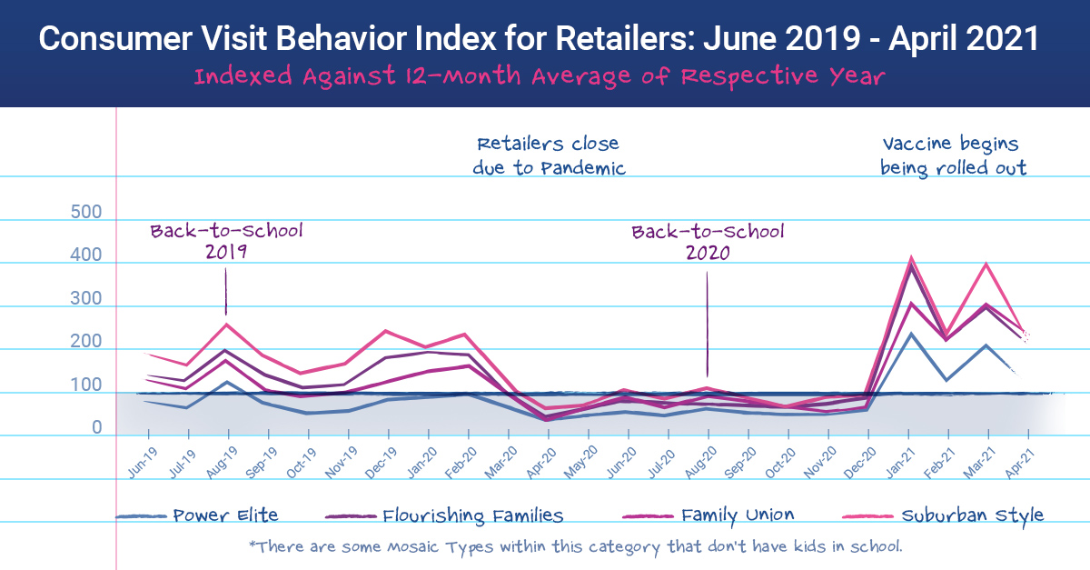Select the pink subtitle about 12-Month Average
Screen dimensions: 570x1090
[539, 76]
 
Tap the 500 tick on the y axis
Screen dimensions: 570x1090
[85, 213]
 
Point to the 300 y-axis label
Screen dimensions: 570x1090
[85, 299]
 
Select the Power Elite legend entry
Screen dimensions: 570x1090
[225, 515]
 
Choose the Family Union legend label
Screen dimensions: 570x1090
[738, 515]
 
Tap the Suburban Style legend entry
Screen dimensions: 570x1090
[972, 515]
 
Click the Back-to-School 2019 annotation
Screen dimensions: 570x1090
[226, 240]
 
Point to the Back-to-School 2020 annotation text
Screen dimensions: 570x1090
[708, 241]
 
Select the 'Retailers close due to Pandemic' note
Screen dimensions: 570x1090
[549, 155]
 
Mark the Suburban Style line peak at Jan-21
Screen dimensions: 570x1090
[911, 258]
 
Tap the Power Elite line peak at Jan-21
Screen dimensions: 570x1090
[911, 334]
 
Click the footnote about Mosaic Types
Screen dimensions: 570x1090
[574, 546]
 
